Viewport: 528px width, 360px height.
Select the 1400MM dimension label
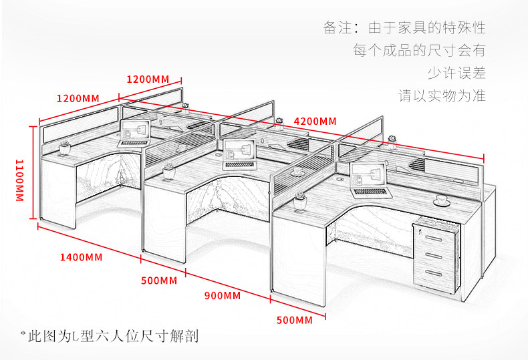[x=81, y=256]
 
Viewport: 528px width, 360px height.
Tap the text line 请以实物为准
[x=442, y=96]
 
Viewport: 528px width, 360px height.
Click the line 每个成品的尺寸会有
[x=419, y=50]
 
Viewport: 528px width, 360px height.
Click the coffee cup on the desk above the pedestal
[x=440, y=200]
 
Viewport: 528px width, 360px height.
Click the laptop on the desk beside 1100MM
[x=133, y=134]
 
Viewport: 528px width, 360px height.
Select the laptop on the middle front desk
[x=239, y=156]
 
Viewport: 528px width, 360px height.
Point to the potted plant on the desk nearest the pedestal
[x=300, y=200]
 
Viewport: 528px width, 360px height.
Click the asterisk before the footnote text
[x=23, y=333]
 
